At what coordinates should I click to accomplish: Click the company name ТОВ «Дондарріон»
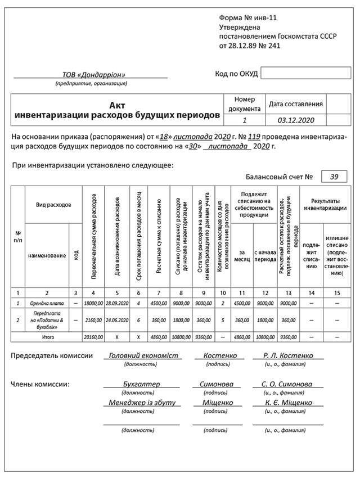point(94,75)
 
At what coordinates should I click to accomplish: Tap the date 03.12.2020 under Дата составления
point(296,120)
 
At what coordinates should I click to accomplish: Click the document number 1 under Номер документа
point(244,120)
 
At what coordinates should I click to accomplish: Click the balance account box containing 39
point(334,177)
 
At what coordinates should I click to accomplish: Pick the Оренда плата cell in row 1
point(47,303)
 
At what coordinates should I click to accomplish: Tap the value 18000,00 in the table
point(93,303)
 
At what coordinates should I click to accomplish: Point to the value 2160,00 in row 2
point(93,320)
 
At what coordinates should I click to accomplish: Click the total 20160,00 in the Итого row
point(93,337)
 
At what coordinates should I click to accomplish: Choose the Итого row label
point(47,337)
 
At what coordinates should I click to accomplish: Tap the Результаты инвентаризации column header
point(325,204)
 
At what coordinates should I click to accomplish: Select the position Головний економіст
point(143,356)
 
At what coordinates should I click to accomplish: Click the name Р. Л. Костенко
point(287,356)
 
